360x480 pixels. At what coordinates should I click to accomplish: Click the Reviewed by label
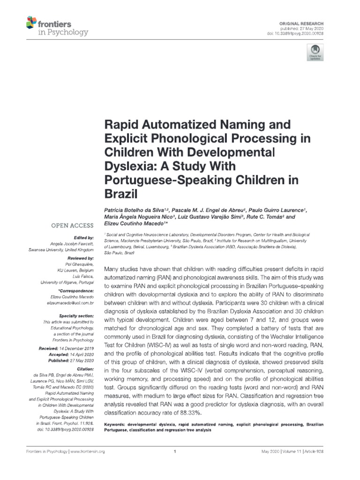81,258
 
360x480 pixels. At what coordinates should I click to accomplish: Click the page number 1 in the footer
174,451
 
